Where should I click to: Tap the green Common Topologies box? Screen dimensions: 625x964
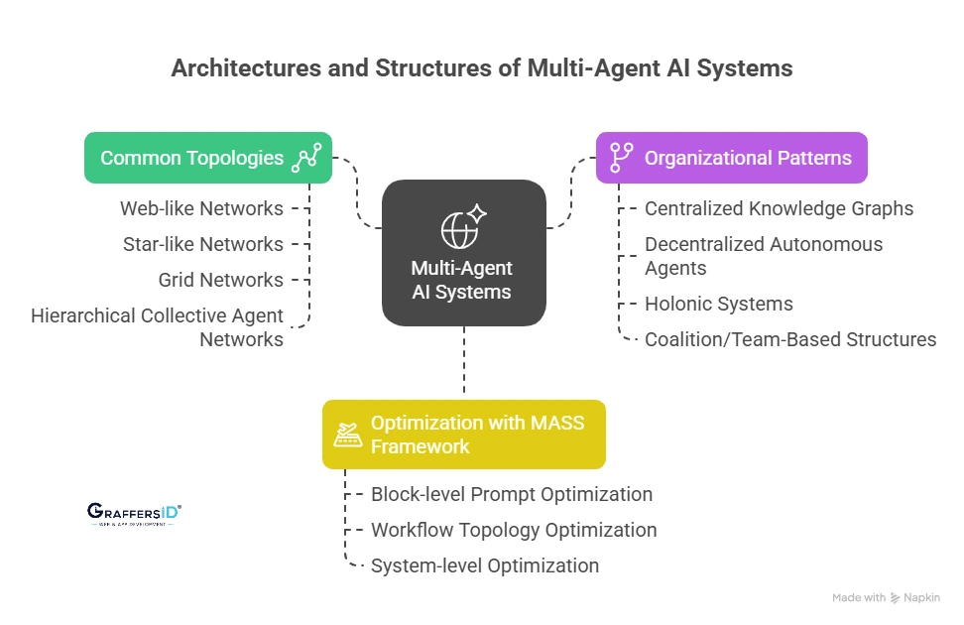point(207,158)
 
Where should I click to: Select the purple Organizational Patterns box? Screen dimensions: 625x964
point(732,158)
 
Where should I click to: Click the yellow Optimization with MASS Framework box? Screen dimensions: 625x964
point(463,435)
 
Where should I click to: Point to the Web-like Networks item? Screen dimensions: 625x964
point(201,208)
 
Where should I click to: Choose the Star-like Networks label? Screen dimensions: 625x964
point(202,244)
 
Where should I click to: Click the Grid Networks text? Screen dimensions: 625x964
point(220,280)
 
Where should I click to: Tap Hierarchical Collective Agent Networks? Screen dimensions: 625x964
point(157,327)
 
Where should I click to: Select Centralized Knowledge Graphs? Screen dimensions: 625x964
point(779,208)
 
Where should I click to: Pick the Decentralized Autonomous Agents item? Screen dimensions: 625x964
point(763,256)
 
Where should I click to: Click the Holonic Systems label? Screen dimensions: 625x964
point(718,304)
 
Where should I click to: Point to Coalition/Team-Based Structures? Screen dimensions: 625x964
point(789,339)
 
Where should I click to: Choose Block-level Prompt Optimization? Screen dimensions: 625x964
point(511,494)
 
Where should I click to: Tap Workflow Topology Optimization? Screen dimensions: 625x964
point(513,530)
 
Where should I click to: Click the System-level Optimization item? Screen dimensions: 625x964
point(484,565)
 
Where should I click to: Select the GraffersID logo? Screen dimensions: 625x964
point(134,513)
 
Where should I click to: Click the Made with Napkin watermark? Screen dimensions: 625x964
point(886,597)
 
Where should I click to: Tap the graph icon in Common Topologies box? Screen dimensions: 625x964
point(305,158)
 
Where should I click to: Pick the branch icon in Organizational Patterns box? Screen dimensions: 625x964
point(621,158)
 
